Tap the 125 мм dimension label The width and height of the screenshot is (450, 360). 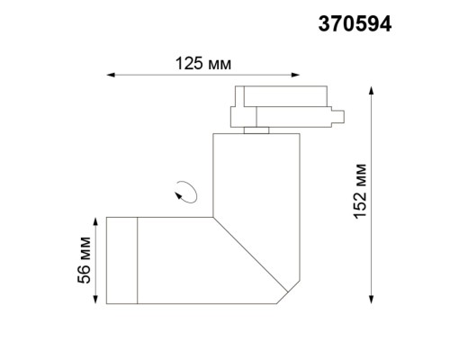pyautogui.click(x=202, y=64)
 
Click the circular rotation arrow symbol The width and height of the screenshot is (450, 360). pyautogui.click(x=187, y=192)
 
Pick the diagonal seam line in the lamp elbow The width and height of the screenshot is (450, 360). pyautogui.click(x=252, y=254)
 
